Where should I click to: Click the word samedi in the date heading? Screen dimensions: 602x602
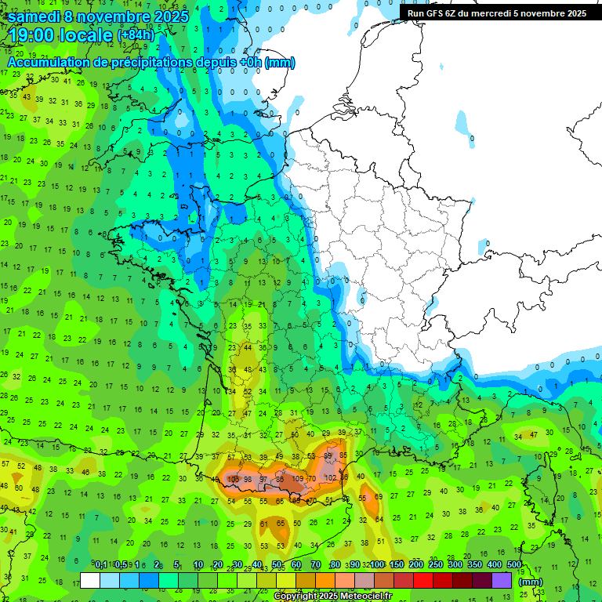point(37,16)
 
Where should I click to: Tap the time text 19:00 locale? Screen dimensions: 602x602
point(60,36)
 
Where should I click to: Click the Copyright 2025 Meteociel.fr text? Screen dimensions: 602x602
point(332,597)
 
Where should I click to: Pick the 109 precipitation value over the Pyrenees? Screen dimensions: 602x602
point(298,478)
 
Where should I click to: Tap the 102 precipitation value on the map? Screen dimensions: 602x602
point(331,477)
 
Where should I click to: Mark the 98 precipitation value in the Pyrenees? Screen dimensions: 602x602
point(248,479)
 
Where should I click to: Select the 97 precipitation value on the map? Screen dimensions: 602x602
point(264,479)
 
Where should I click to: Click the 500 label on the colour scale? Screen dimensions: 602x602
point(514,564)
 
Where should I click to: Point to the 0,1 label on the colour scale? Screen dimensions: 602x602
point(101,564)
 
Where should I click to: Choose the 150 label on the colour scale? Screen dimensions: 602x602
point(396,564)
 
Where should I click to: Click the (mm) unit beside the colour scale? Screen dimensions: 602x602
point(531,582)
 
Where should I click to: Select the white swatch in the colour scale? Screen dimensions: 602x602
point(90,580)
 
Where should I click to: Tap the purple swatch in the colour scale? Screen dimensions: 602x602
point(501,580)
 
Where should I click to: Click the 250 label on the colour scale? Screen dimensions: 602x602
point(435,564)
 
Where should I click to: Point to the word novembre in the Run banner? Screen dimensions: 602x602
point(544,13)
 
